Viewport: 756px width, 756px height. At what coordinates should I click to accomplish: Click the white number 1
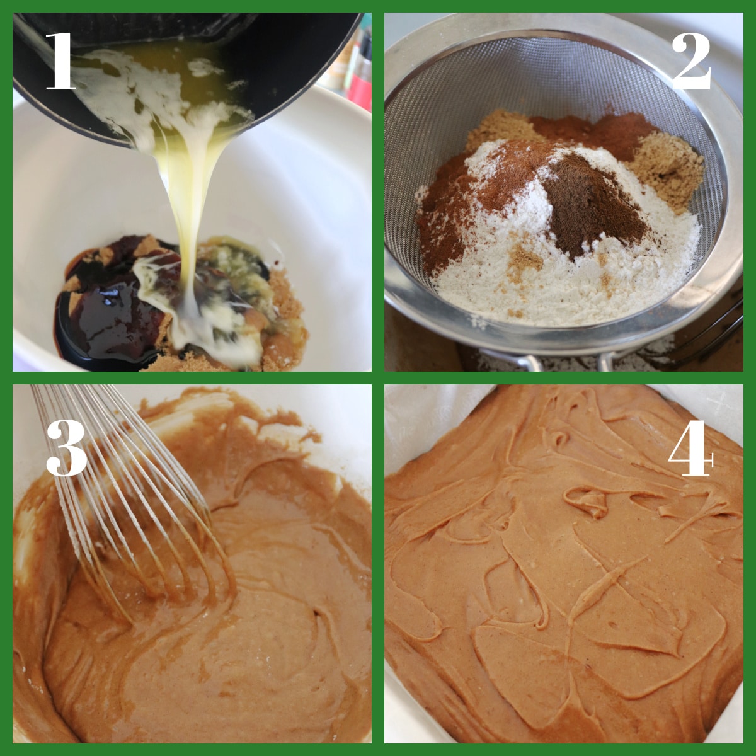[62, 60]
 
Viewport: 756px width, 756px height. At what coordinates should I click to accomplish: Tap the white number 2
[691, 62]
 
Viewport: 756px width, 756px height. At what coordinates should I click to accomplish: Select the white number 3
[66, 448]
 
